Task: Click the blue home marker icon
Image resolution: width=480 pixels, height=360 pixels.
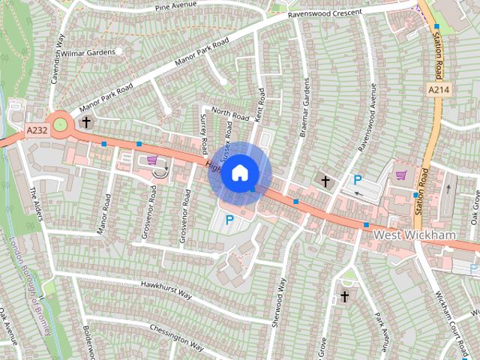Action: coord(239,172)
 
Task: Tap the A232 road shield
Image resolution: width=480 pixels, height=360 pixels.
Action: coord(35,130)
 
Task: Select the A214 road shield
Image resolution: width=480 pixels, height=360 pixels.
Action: coord(439,89)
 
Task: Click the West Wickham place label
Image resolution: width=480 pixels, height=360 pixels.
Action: coord(415,235)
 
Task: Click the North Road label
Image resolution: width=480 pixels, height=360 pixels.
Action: coord(229,115)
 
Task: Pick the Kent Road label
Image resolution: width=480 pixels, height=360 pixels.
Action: coord(260,106)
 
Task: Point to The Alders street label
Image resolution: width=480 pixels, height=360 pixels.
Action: coord(36,203)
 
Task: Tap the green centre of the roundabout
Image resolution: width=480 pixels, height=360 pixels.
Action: coord(59,122)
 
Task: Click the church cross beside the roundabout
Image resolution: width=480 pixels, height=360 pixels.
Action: coord(86,121)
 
